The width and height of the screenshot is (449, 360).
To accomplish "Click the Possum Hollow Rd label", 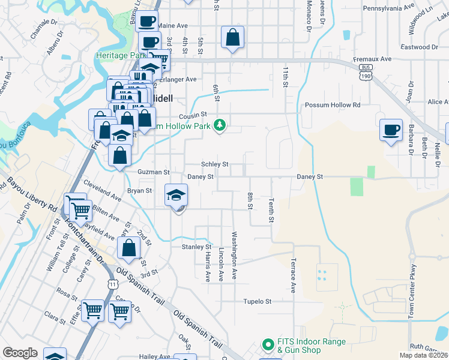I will [332, 105].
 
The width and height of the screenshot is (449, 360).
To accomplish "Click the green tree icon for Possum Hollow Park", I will [220, 125].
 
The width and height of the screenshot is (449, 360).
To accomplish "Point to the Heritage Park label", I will [121, 55].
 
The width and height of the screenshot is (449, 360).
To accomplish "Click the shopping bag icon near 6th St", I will [232, 37].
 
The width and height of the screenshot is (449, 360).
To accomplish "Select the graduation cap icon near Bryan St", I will [176, 196].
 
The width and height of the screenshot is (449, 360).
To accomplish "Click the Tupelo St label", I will [258, 301].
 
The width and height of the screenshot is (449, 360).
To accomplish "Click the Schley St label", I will [215, 164].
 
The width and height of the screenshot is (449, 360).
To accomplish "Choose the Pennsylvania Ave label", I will [389, 8].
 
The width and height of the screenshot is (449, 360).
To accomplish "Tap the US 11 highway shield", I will [112, 284].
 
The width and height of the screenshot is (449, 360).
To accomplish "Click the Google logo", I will [20, 353].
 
